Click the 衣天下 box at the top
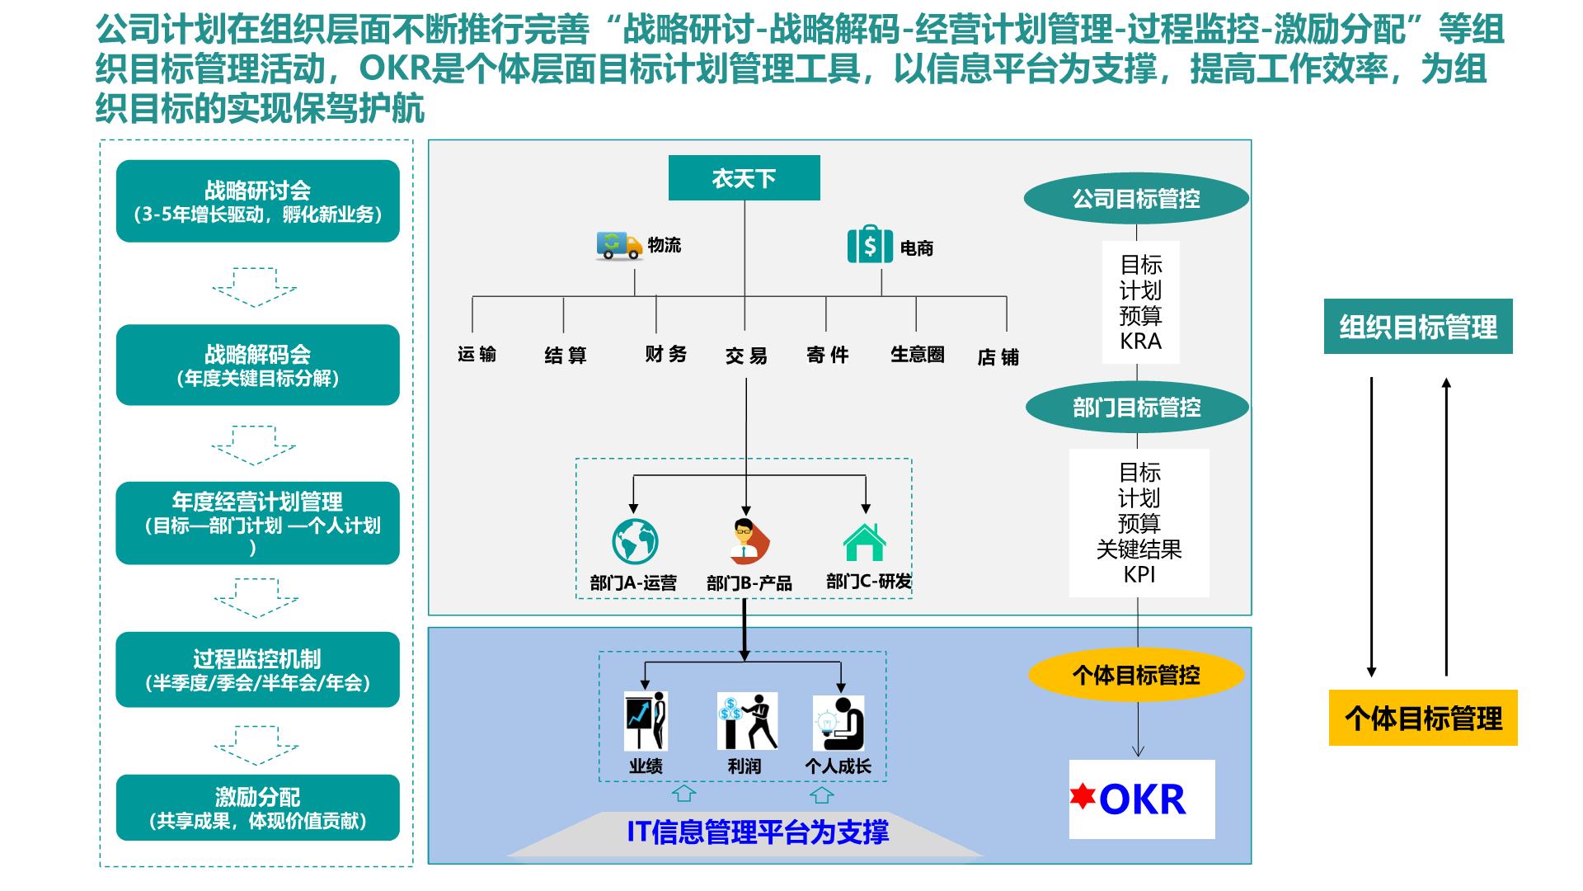click(744, 178)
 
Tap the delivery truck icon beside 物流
click(619, 246)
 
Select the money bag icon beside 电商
click(870, 244)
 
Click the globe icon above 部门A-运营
click(635, 541)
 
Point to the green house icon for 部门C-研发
click(865, 542)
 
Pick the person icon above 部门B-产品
click(749, 541)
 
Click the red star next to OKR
click(1083, 796)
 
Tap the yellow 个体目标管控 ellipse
click(1136, 676)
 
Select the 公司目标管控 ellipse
click(1136, 199)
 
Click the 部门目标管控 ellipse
click(1137, 408)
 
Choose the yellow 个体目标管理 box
click(1423, 718)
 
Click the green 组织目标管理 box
click(1418, 327)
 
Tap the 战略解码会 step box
click(257, 365)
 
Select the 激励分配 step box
click(257, 808)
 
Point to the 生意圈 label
click(917, 355)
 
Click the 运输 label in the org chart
click(477, 355)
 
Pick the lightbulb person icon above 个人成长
click(838, 723)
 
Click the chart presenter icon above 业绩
click(646, 721)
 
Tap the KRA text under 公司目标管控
click(1141, 341)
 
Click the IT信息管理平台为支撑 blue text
click(758, 832)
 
